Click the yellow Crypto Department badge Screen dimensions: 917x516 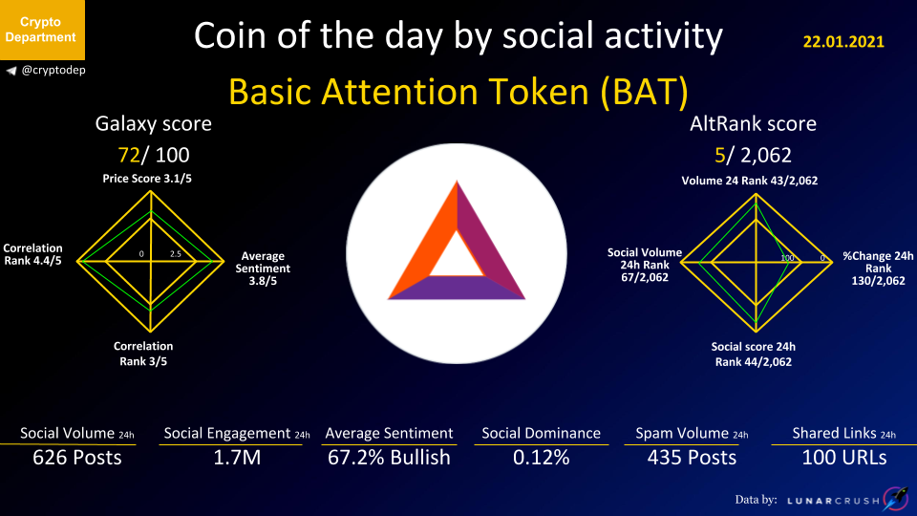(42, 30)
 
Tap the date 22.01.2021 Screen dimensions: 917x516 (843, 41)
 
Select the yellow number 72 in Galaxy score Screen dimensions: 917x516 (129, 155)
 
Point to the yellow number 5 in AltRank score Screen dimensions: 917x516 (719, 155)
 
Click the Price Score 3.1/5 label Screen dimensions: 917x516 (147, 179)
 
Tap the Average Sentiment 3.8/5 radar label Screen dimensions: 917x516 (263, 268)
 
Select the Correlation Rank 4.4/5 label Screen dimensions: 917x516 (32, 254)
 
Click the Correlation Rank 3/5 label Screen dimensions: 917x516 (143, 354)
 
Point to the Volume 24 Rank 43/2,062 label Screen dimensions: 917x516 (750, 181)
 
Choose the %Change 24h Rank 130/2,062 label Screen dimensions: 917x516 (878, 268)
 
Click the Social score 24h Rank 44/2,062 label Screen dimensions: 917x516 (754, 354)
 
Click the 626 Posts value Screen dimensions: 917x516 (77, 458)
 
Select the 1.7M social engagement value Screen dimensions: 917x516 (237, 458)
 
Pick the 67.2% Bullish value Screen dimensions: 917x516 (389, 458)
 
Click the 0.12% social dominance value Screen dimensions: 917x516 (541, 458)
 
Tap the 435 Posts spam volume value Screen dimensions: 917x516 (692, 458)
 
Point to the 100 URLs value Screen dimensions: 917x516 (843, 458)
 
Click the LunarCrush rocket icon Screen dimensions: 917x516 (895, 499)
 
